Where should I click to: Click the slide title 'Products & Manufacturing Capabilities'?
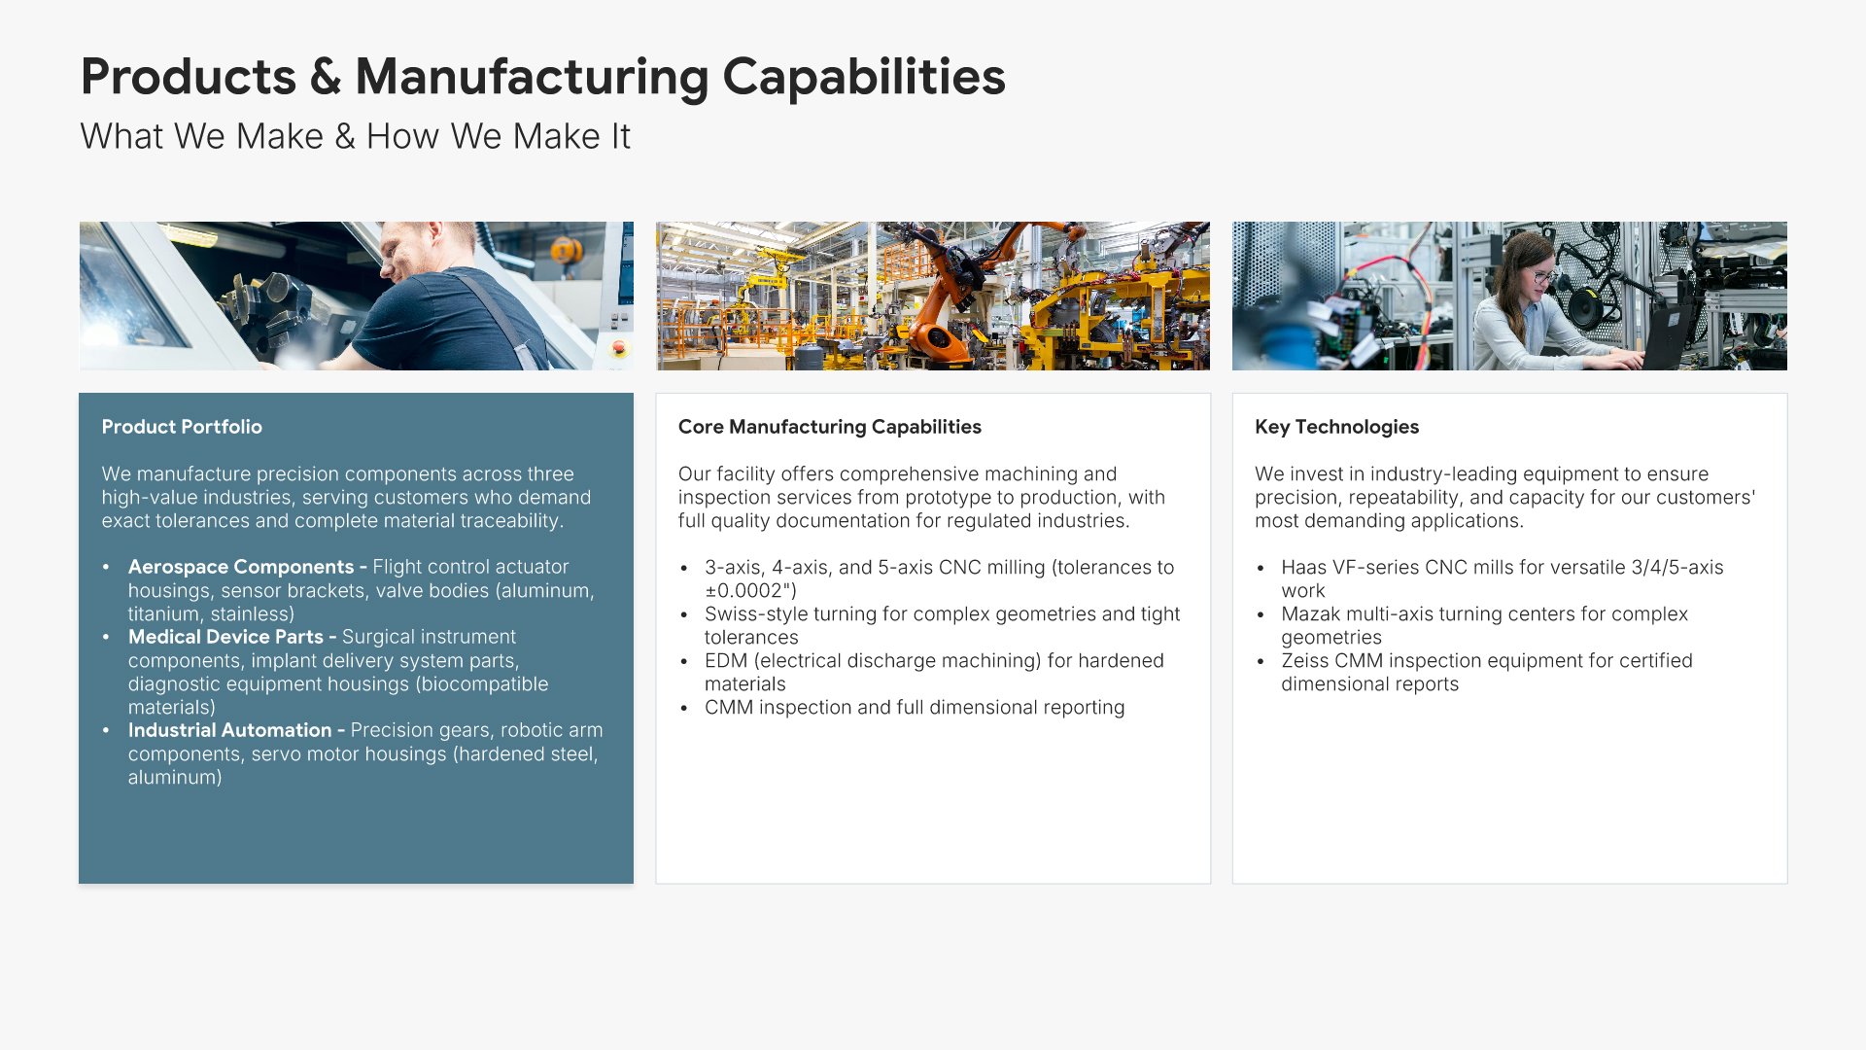coord(542,77)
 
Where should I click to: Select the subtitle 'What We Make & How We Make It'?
coord(355,136)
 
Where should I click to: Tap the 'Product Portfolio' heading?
coord(182,427)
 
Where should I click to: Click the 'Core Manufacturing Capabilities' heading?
coord(830,427)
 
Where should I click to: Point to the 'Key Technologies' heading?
coord(1336,427)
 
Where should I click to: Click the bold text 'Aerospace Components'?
coord(241,567)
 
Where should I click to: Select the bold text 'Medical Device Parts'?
coord(225,637)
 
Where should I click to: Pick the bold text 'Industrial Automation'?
coord(229,730)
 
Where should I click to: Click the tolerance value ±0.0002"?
coord(750,590)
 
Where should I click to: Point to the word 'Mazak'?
coord(1310,613)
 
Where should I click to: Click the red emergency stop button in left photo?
coord(619,347)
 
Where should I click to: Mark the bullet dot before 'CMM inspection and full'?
coord(684,709)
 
